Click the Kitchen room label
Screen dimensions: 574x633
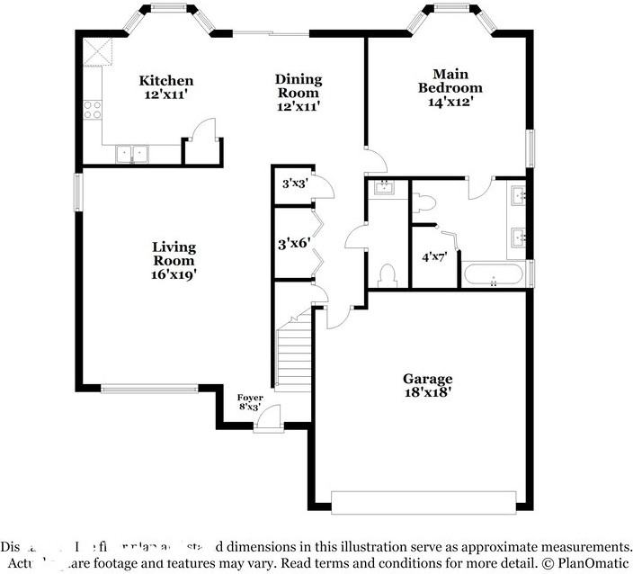(165, 81)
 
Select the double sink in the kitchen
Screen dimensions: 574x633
(131, 154)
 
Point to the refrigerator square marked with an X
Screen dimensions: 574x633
(96, 52)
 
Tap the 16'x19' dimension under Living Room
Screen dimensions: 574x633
(174, 274)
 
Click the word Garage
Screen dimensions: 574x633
(427, 379)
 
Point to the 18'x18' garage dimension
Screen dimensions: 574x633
(427, 392)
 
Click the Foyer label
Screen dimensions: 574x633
(249, 397)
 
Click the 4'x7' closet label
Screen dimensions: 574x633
(434, 256)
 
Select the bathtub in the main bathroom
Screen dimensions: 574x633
(493, 275)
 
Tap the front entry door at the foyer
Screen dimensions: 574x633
(268, 421)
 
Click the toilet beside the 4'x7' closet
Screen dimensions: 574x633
(389, 274)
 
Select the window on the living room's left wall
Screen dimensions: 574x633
(78, 191)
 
